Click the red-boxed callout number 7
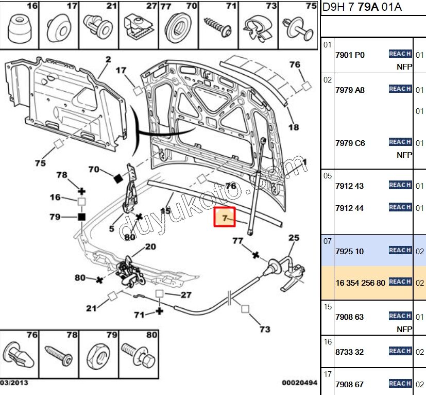pyautogui.click(x=225, y=218)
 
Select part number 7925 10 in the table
pyautogui.click(x=349, y=252)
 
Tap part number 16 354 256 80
pyautogui.click(x=360, y=283)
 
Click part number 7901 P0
pyautogui.click(x=350, y=55)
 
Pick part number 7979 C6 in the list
pyautogui.click(x=350, y=143)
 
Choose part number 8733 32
pyautogui.click(x=349, y=352)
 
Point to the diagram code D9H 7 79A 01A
pyautogui.click(x=362, y=7)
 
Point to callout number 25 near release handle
pyautogui.click(x=293, y=238)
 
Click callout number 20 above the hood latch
pyautogui.click(x=150, y=247)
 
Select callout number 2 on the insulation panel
pyautogui.click(x=108, y=60)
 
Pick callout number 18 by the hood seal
pyautogui.click(x=293, y=127)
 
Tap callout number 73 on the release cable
pyautogui.click(x=265, y=329)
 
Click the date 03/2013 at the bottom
pyautogui.click(x=14, y=383)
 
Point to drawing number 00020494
pyautogui.click(x=299, y=383)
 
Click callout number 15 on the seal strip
pyautogui.click(x=165, y=211)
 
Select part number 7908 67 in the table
pyautogui.click(x=349, y=384)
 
